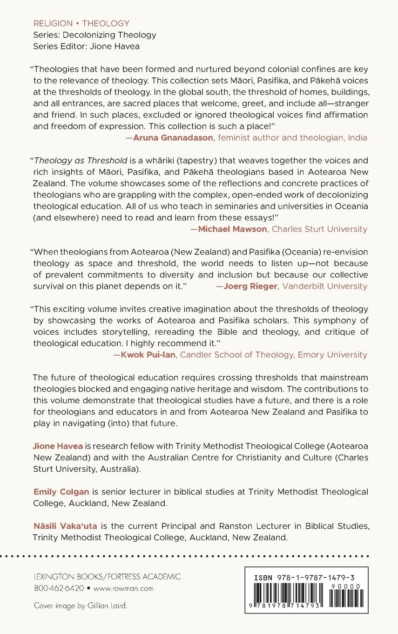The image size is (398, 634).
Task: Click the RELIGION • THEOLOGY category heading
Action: [81, 23]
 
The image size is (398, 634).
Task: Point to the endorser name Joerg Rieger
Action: [250, 286]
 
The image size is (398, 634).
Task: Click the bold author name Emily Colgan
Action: [61, 492]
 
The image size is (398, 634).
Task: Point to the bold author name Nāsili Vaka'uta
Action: [65, 526]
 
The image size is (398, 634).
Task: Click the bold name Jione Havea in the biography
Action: [58, 446]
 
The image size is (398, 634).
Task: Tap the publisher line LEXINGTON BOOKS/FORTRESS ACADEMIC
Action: [107, 577]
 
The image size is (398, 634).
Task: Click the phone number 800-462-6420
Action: [59, 588]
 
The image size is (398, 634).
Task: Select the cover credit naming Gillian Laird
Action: [81, 606]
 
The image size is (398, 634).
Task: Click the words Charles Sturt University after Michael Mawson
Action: [319, 229]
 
